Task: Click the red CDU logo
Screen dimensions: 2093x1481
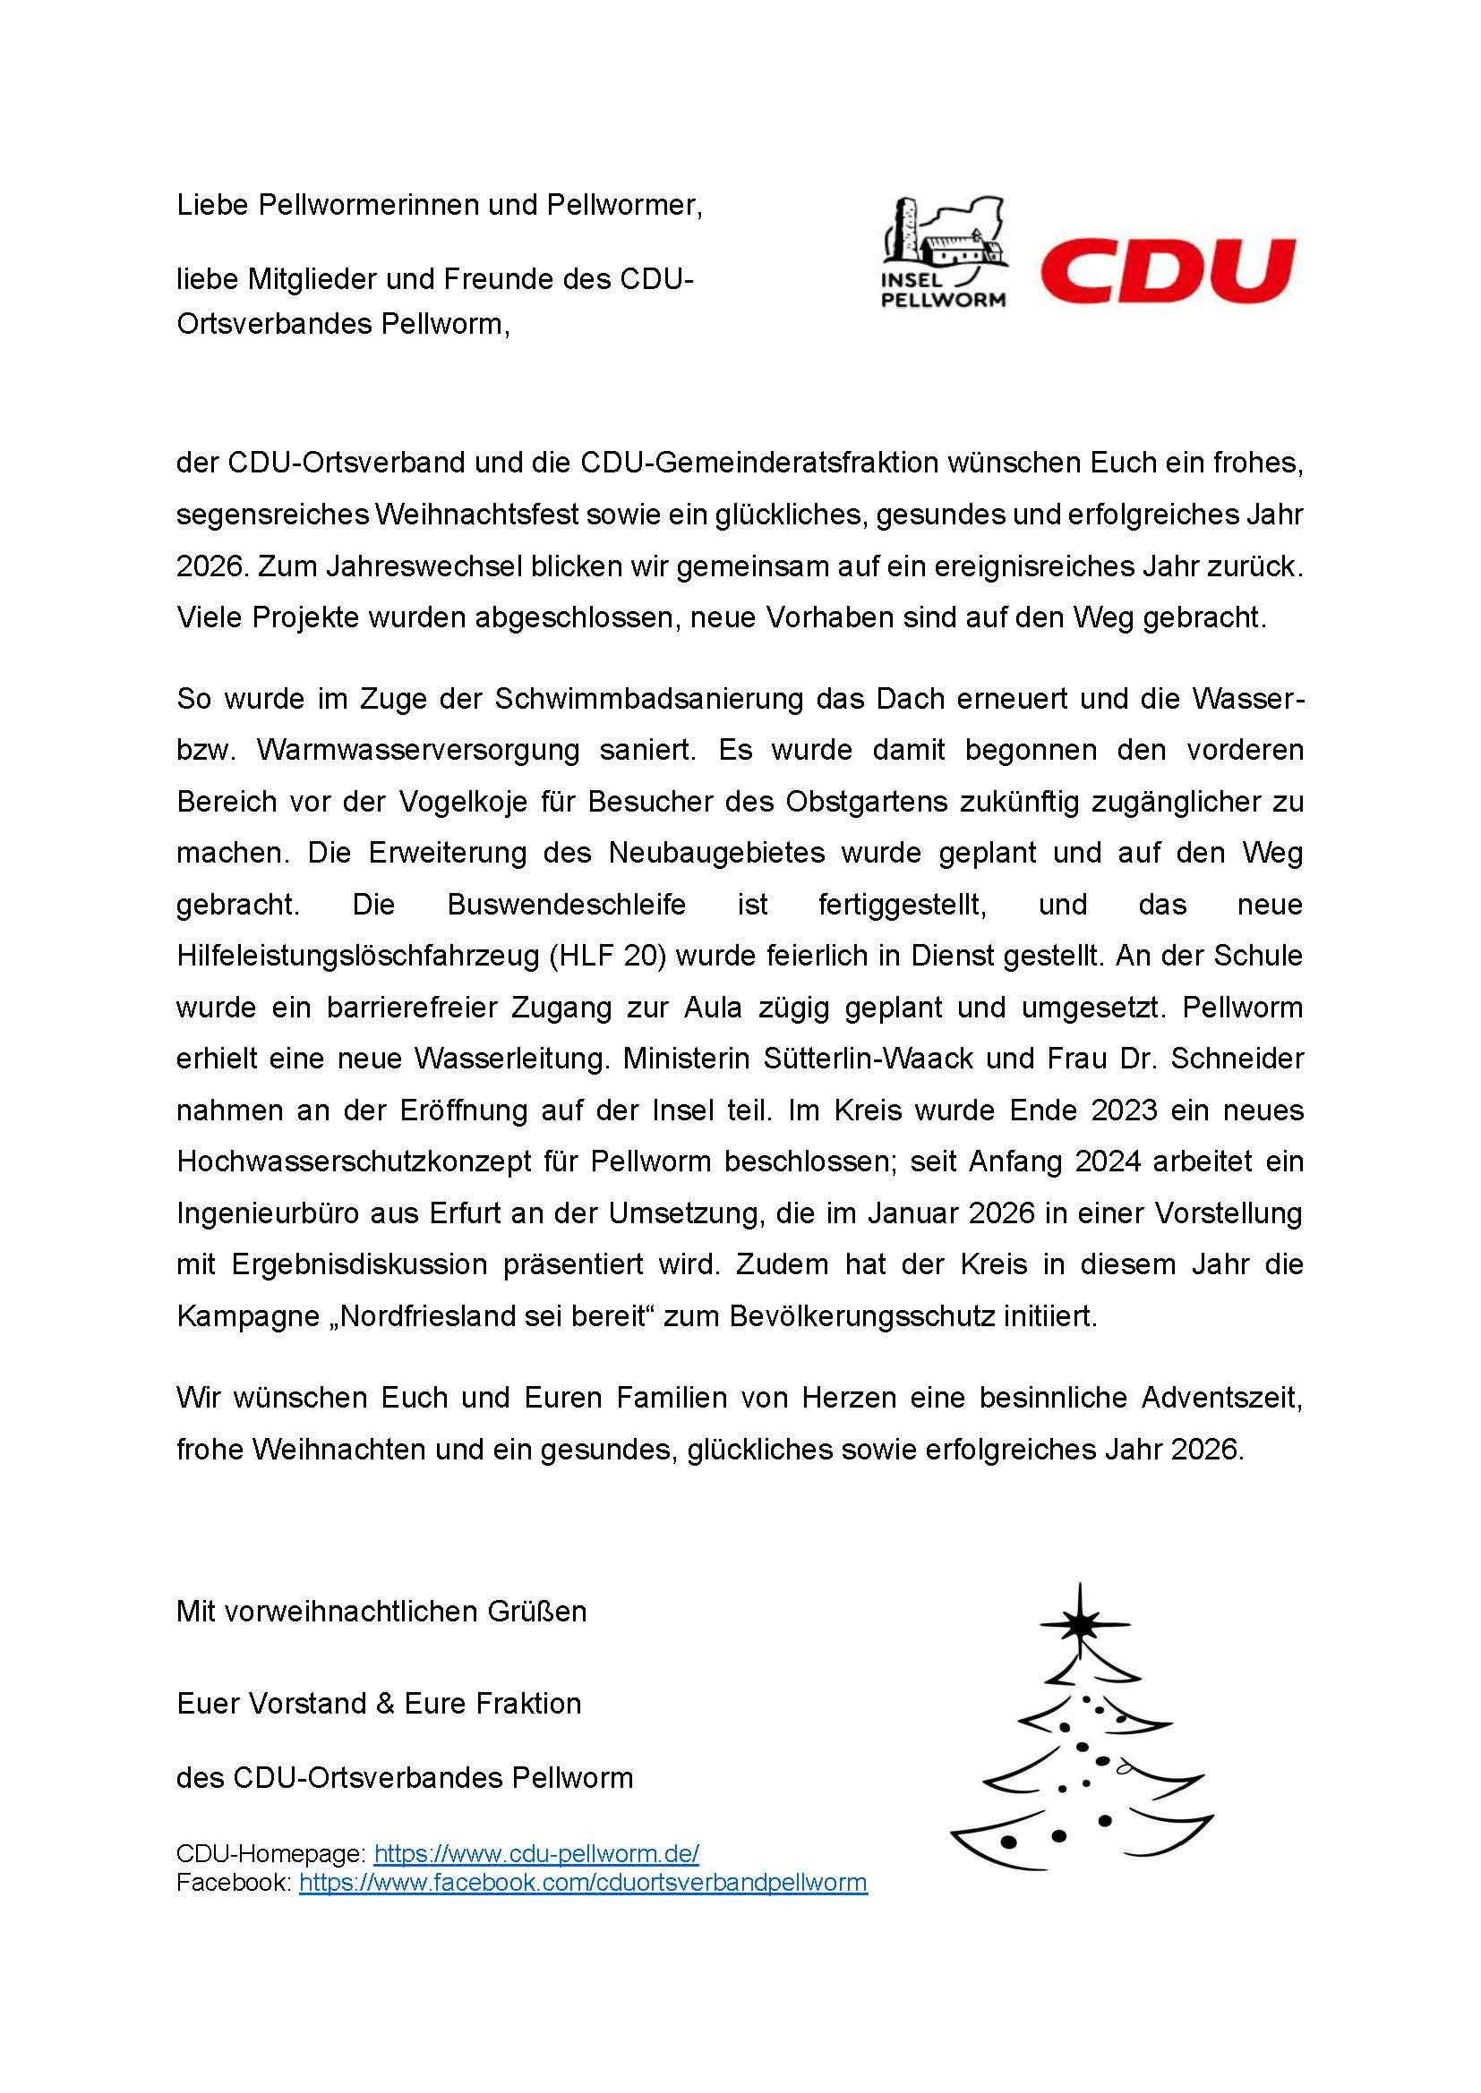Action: pos(1168,270)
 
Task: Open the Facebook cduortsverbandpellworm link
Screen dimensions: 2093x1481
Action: pos(583,1883)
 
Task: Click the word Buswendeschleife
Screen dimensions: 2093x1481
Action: pos(566,905)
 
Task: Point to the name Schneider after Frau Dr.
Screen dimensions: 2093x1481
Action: pos(1237,1059)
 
